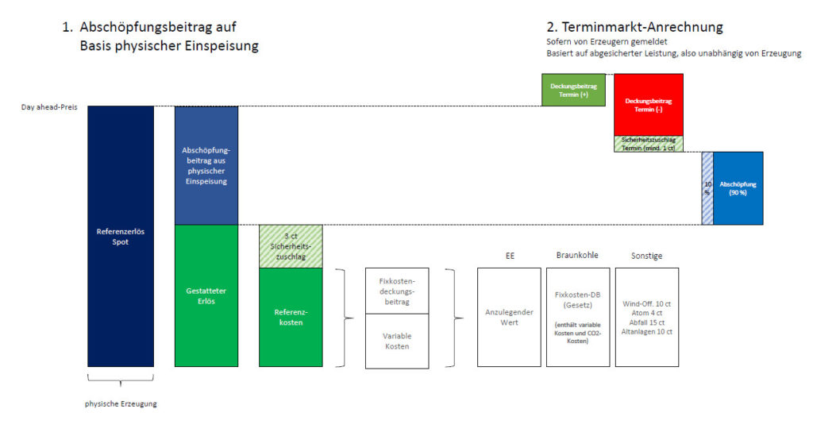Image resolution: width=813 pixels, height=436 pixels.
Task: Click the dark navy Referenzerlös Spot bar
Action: pos(120,236)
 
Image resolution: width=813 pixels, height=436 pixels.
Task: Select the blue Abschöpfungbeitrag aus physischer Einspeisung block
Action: pos(206,165)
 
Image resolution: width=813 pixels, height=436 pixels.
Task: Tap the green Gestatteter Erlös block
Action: pos(206,295)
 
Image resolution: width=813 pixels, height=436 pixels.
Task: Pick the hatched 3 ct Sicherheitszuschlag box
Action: pos(291,247)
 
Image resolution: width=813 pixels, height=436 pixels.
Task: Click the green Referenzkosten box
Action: pos(291,318)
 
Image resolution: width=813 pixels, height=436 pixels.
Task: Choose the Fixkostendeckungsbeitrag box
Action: pos(397,291)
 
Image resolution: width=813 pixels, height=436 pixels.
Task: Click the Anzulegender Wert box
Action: pos(508,317)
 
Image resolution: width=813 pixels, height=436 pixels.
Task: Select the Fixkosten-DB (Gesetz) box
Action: pos(578,317)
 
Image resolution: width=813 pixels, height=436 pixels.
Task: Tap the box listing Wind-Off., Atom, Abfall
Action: pos(647,317)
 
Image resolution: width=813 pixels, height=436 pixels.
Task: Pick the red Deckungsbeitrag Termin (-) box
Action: pos(649,105)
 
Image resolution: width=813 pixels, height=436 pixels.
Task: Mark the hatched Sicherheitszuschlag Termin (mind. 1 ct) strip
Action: pos(649,144)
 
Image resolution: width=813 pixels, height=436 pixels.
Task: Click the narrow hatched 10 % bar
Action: pos(707,188)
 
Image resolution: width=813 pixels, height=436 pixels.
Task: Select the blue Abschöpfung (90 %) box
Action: pos(738,188)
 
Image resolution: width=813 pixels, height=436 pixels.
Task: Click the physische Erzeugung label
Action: pos(121,403)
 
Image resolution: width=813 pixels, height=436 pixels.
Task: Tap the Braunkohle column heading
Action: pos(577,256)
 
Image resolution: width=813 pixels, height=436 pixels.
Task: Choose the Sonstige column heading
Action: pos(647,256)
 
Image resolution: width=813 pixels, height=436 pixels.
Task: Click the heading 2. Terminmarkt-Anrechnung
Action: pos(634,27)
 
